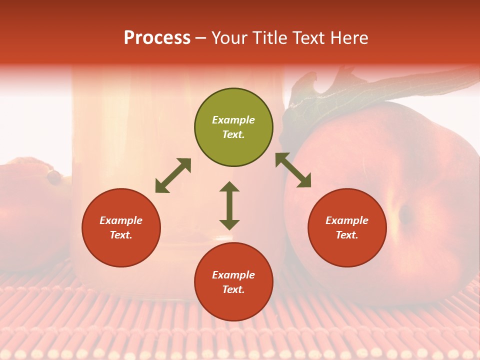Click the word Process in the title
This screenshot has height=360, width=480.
point(157,38)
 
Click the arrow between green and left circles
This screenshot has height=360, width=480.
point(173,175)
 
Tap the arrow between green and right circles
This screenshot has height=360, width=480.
point(293,170)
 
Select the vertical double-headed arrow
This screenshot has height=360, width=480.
point(229,205)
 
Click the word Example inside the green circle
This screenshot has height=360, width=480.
point(233,120)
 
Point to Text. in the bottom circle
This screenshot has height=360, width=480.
point(233,289)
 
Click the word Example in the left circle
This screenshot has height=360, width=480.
point(121,220)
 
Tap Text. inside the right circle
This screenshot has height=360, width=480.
point(347,235)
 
